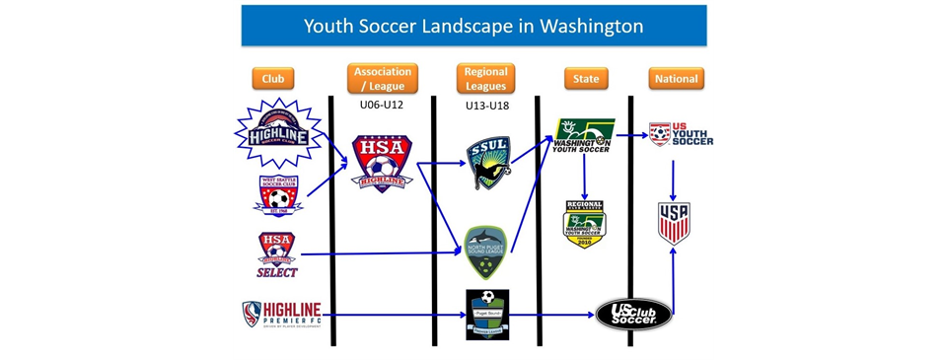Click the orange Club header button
coord(273,79)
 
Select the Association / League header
coord(383,78)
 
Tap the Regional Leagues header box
coord(485,78)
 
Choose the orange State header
coord(586,79)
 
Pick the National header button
coord(676,79)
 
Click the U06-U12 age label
coord(382,103)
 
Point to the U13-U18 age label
coord(485,103)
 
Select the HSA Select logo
coord(277,254)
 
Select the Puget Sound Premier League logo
coord(486,315)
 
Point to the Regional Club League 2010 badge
coord(584,224)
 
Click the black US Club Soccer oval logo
coord(633,315)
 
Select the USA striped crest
coord(674,223)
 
